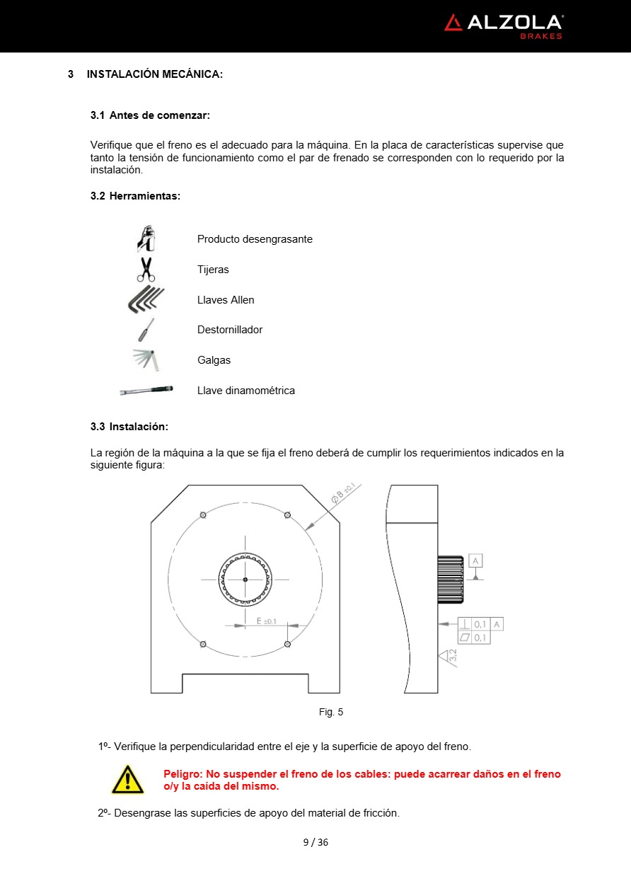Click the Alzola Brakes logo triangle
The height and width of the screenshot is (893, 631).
453,23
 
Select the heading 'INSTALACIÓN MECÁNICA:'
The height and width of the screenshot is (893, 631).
155,74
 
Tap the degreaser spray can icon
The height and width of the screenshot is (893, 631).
146,239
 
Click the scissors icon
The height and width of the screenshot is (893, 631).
146,270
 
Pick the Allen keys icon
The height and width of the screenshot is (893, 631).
146,299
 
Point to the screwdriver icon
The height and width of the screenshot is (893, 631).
146,330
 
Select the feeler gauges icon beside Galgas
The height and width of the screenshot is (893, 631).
147,359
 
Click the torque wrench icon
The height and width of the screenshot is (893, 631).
146,390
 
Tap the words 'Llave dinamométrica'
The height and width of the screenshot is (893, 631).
245,391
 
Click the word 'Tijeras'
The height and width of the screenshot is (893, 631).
213,270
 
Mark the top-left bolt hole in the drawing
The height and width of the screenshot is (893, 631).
203,514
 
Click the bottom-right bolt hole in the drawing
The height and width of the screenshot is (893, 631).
287,643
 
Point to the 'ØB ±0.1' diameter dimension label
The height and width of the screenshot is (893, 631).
346,495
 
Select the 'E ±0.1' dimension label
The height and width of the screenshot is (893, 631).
266,621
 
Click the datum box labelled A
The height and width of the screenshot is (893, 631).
475,561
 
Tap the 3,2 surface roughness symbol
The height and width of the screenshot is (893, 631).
448,657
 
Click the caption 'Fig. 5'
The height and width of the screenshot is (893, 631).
331,712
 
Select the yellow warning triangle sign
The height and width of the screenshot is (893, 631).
127,780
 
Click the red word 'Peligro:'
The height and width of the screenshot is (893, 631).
182,774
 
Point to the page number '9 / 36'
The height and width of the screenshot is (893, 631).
315,842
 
